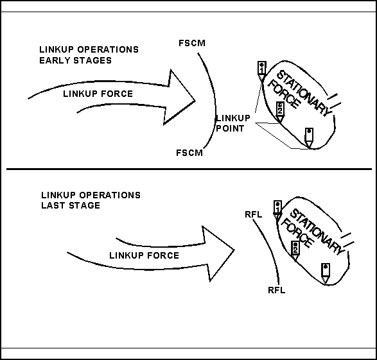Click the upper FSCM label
pyautogui.click(x=192, y=43)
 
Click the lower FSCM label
pyautogui.click(x=189, y=153)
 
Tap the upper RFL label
pyautogui.click(x=254, y=214)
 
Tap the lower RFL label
pyautogui.click(x=277, y=290)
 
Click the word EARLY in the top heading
pyautogui.click(x=55, y=60)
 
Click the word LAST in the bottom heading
pyautogui.click(x=53, y=205)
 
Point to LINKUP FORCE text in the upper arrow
pyautogui.click(x=98, y=94)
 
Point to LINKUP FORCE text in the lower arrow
pyautogui.click(x=145, y=255)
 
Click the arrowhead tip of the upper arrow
pyautogui.click(x=195, y=101)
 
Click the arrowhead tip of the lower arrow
pyautogui.click(x=234, y=250)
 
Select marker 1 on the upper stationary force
pyautogui.click(x=261, y=71)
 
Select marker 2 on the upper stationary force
pyautogui.click(x=280, y=112)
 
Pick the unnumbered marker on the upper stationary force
pyautogui.click(x=309, y=138)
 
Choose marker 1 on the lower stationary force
pyautogui.click(x=277, y=210)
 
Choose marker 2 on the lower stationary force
pyautogui.click(x=295, y=251)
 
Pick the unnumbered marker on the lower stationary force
pyautogui.click(x=326, y=273)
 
